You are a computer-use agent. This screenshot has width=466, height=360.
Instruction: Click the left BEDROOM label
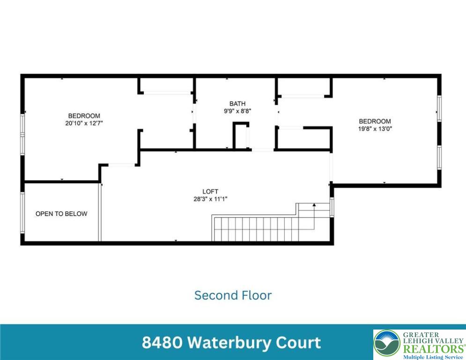(84, 116)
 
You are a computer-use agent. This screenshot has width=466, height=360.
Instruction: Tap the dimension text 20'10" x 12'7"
(84, 123)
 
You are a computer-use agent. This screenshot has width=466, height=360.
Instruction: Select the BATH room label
(237, 104)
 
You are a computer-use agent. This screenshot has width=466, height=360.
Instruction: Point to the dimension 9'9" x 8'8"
(237, 111)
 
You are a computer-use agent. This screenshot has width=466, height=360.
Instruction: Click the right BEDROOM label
(375, 121)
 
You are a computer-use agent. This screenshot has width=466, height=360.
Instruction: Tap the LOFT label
(210, 191)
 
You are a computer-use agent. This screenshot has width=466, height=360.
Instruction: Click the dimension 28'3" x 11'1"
(210, 199)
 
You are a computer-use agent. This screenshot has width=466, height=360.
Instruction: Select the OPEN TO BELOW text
(61, 214)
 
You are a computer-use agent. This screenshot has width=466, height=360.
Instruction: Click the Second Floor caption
(233, 295)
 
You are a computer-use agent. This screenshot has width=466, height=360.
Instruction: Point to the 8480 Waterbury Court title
(231, 343)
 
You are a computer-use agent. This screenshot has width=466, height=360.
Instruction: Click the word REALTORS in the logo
(434, 349)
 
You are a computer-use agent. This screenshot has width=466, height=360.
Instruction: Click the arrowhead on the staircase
(314, 205)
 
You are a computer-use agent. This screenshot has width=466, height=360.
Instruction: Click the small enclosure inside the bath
(240, 136)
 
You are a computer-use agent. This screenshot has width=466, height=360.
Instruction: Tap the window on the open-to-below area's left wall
(22, 213)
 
